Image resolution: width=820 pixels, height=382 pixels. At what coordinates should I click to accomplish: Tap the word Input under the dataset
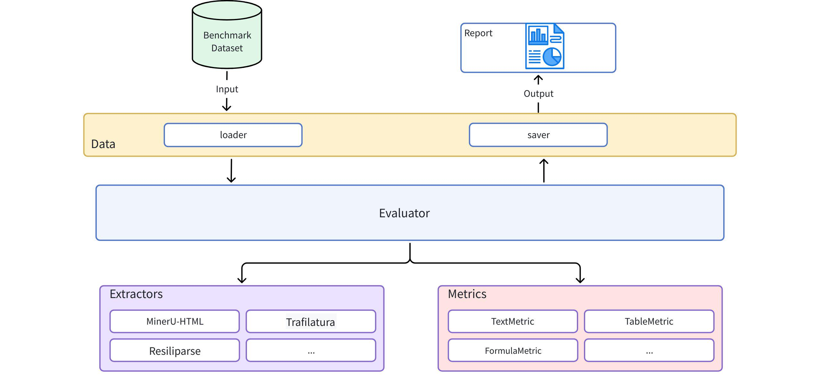coord(227,89)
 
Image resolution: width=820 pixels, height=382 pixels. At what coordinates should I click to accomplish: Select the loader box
coord(233,135)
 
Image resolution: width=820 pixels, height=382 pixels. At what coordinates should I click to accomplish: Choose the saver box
coord(538,135)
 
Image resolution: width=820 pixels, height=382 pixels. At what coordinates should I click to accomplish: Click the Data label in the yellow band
coord(103,144)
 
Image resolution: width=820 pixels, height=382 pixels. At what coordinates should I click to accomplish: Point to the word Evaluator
coord(404,213)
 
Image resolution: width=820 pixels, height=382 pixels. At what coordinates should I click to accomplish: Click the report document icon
coord(545,46)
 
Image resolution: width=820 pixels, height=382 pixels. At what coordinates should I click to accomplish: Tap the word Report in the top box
coord(478,33)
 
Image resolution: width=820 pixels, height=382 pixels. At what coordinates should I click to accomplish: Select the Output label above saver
coord(538,94)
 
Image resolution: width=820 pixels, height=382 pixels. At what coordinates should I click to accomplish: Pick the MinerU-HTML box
coord(175,321)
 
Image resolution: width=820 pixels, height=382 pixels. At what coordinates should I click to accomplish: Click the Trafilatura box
coord(311,322)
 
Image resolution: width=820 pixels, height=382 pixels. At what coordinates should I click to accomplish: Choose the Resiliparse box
coord(175,351)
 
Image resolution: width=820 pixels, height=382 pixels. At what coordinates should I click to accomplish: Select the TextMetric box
coord(512,321)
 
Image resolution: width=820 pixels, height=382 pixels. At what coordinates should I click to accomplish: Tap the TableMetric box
coord(649,321)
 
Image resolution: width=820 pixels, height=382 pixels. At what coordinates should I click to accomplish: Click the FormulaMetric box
coord(513,351)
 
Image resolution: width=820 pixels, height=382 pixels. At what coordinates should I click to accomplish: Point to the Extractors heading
coord(136,294)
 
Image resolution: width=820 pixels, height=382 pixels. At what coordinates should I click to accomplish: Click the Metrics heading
coord(467,294)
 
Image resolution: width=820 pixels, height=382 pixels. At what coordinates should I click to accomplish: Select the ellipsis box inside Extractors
coord(311,351)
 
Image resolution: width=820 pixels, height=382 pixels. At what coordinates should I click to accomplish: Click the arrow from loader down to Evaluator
coord(231,171)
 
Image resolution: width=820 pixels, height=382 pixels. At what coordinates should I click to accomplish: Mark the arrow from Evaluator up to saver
coord(544,171)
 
